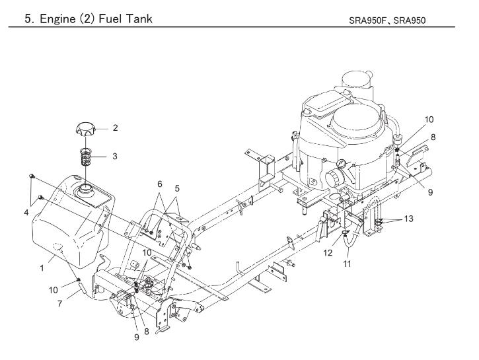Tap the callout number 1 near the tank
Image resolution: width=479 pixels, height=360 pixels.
click(42, 268)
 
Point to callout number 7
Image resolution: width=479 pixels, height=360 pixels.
click(59, 304)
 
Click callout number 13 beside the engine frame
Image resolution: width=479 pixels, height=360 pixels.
click(408, 219)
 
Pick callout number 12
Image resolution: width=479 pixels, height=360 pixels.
click(328, 253)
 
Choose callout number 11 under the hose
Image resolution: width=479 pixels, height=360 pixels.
click(347, 264)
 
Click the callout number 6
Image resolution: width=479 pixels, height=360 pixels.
click(160, 184)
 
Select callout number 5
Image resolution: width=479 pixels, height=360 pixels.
click(177, 188)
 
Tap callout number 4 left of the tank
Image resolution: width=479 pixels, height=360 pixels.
click(26, 212)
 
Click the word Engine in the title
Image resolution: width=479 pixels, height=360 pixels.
click(57, 19)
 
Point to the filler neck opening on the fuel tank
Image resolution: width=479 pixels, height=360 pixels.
click(85, 190)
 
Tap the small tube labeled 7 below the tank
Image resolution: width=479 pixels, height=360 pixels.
click(82, 287)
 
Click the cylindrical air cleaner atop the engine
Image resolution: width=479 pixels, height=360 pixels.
click(357, 83)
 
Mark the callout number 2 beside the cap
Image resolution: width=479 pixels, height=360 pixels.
click(115, 127)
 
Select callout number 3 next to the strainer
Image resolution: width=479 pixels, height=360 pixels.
click(114, 156)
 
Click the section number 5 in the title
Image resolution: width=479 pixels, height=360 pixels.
click(28, 19)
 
